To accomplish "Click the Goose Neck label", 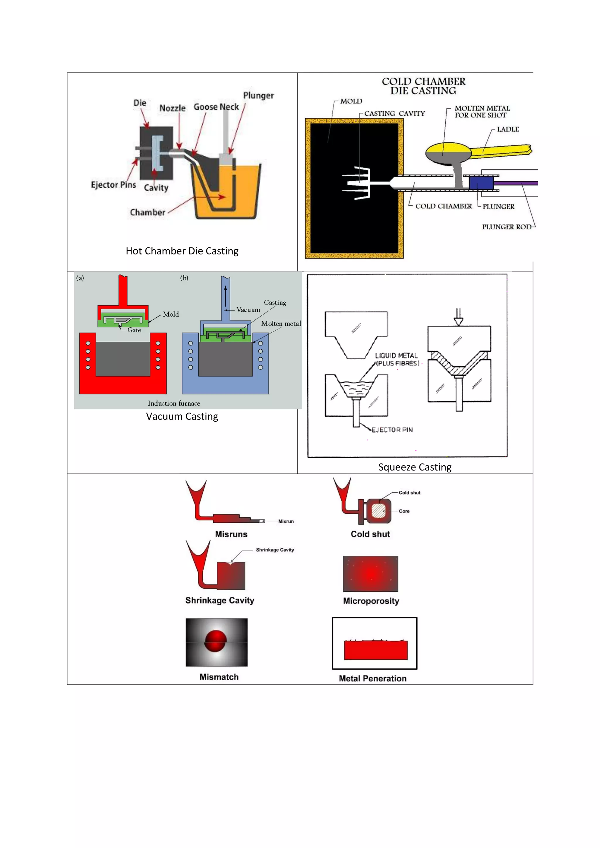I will (216, 107).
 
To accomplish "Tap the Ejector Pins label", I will (113, 185).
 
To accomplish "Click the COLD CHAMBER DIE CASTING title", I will (423, 86).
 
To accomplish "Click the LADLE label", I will (508, 129).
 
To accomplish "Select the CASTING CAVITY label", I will (394, 113).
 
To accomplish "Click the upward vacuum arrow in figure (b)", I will (225, 295).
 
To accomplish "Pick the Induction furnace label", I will (174, 403).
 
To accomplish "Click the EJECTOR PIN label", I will (392, 430).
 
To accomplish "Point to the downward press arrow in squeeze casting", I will (458, 317).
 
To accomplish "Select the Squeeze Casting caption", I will (415, 467).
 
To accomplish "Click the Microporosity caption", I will (371, 601).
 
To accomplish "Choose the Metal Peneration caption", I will (372, 678).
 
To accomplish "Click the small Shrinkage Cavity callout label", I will (275, 550).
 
